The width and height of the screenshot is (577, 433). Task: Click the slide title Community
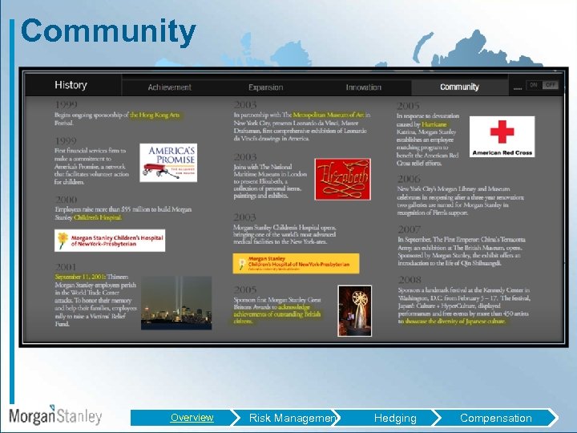[x=108, y=32]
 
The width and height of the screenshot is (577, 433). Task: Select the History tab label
[x=71, y=85]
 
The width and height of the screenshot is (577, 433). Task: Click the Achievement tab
[x=169, y=87]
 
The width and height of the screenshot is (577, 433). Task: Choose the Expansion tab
[x=265, y=87]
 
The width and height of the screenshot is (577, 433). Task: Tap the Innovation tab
[x=363, y=87]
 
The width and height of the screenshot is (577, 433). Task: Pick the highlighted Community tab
[x=459, y=87]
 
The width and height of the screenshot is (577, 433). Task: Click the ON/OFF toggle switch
[x=543, y=85]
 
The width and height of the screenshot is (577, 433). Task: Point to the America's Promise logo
[x=167, y=163]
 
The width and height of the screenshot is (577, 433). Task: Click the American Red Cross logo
[x=502, y=137]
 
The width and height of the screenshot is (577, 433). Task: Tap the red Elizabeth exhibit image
[x=342, y=179]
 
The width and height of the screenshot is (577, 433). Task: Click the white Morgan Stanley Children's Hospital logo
[x=110, y=241]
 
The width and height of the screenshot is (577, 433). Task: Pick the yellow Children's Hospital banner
[x=296, y=263]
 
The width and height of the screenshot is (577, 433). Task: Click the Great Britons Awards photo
[x=354, y=310]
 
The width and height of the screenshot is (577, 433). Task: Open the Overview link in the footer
[x=192, y=418]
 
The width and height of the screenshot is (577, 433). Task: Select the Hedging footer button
[x=395, y=418]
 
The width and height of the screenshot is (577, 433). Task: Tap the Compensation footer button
[x=495, y=418]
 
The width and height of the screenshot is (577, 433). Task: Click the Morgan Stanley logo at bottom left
[x=55, y=415]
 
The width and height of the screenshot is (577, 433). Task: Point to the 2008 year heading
[x=409, y=280]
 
